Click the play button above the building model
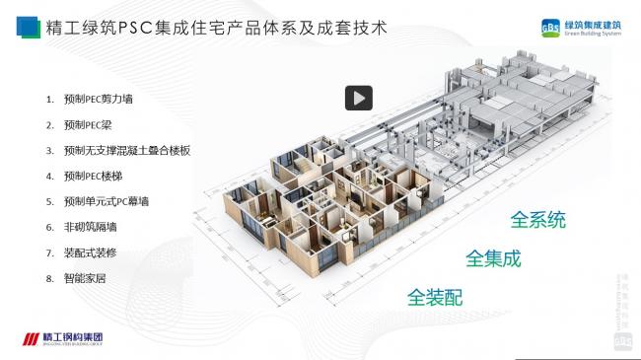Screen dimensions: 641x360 358,98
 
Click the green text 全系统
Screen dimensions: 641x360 537,219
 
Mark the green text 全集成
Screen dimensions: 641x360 493,258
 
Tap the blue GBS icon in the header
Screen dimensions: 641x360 552,26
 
